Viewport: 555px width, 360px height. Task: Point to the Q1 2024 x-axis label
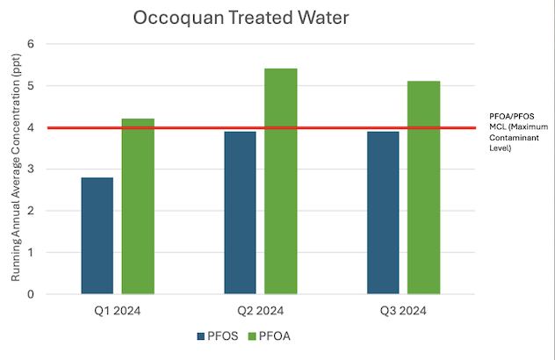[x=117, y=310]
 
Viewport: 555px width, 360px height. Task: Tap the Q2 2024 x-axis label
[x=260, y=310]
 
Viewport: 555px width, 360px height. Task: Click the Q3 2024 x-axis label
[x=403, y=310]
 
